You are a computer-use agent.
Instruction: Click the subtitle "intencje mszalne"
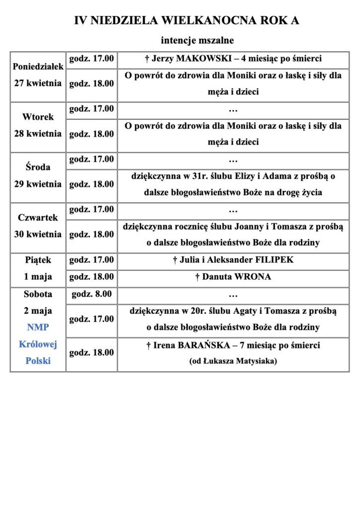(197, 39)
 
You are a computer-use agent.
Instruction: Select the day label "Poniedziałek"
(38, 67)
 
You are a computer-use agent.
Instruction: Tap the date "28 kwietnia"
(38, 134)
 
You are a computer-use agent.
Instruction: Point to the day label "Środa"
(38, 168)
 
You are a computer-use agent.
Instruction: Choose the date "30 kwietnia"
(38, 234)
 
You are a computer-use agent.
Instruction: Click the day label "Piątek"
(38, 260)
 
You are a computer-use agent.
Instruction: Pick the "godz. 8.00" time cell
(91, 294)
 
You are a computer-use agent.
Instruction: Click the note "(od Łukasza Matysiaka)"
(233, 361)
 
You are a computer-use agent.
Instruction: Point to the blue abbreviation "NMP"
(38, 328)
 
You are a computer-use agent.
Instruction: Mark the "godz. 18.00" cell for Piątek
(91, 277)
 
